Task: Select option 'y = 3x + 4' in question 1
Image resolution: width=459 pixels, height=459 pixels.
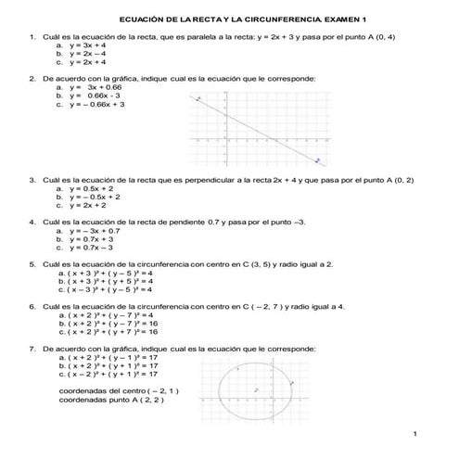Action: click(x=86, y=45)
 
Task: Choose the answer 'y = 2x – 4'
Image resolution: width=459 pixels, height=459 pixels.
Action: click(x=86, y=53)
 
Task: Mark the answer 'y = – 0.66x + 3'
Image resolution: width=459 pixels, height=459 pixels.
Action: click(x=93, y=104)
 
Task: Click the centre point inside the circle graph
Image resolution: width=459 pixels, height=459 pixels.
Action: click(x=255, y=390)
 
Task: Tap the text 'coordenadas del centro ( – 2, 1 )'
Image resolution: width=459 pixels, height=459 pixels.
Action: click(x=119, y=391)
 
